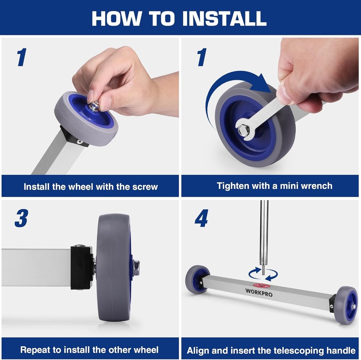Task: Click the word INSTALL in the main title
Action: tap(225, 18)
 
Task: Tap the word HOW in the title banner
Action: tap(117, 18)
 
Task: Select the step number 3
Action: tap(21, 218)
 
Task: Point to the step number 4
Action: tap(201, 218)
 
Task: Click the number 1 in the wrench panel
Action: tap(202, 57)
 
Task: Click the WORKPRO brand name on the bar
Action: tap(259, 292)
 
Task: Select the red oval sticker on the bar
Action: tap(261, 286)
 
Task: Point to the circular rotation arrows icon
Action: tap(263, 274)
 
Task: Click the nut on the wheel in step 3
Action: tap(136, 268)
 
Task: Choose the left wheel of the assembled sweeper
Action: tap(197, 279)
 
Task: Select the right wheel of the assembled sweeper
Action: tap(346, 305)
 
